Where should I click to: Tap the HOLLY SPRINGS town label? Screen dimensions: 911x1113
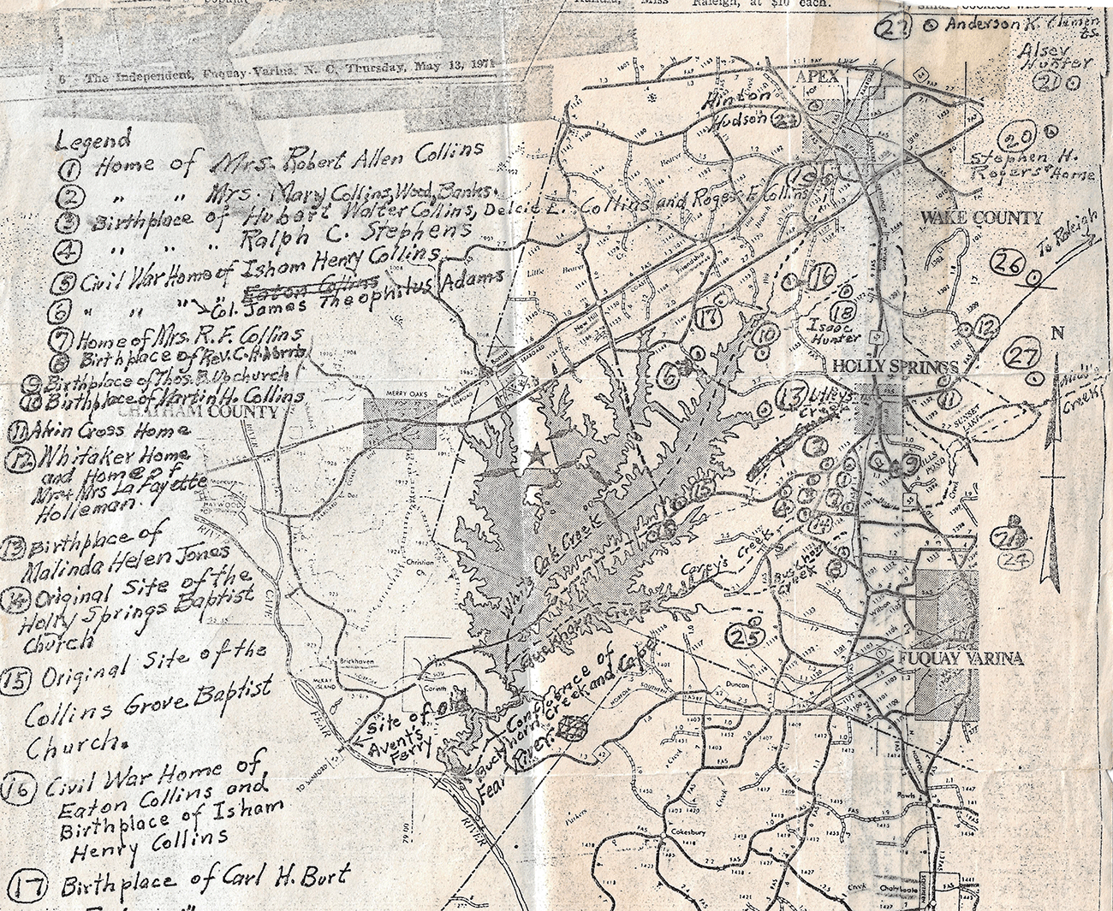coord(896,368)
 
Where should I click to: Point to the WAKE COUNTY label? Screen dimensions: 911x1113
coord(981,218)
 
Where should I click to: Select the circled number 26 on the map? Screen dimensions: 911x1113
coord(1009,266)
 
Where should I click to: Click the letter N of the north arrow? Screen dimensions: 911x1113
coord(1056,334)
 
